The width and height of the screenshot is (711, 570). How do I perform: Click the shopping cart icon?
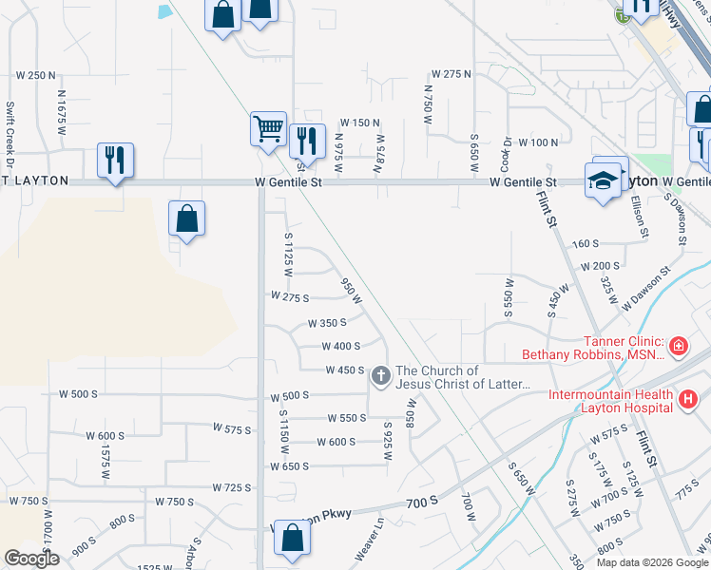click(269, 127)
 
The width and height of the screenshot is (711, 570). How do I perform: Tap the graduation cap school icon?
click(603, 180)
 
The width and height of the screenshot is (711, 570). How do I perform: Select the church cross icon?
click(380, 377)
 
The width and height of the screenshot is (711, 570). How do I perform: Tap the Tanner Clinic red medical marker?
click(680, 346)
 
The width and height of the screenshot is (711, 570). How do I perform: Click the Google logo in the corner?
click(32, 559)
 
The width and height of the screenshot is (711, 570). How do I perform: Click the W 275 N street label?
click(452, 73)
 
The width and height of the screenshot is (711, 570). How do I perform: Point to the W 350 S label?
click(327, 323)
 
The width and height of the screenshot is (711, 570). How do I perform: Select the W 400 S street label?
click(340, 347)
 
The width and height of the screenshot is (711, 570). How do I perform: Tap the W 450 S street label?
click(345, 370)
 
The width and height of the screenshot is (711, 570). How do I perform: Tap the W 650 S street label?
click(290, 466)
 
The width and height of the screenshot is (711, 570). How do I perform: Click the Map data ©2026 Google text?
click(651, 562)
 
